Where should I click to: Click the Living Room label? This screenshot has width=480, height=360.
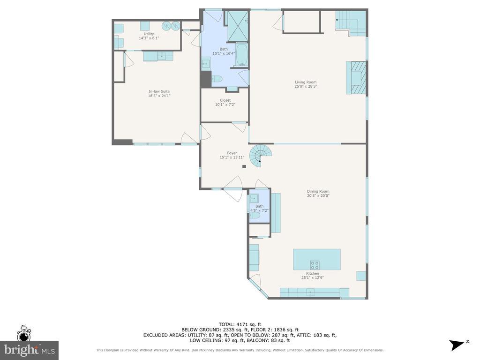[x=306, y=82]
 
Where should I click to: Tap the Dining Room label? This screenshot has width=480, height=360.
[x=318, y=191]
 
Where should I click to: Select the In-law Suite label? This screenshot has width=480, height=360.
[x=159, y=91]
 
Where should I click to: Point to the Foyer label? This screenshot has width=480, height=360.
[x=232, y=153]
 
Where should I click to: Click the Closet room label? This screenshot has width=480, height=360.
[x=225, y=100]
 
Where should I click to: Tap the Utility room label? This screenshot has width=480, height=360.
[x=149, y=34]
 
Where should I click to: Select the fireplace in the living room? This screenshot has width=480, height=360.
[x=356, y=78]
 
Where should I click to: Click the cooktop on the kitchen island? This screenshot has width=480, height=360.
[x=315, y=265]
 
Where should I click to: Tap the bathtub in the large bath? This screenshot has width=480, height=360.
[x=242, y=55]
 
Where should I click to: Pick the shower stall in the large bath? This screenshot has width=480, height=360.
[x=237, y=26]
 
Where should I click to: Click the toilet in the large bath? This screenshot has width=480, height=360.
[x=217, y=79]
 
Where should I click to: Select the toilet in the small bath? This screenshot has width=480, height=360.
[x=255, y=216]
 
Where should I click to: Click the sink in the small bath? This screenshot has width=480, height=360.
[x=254, y=199]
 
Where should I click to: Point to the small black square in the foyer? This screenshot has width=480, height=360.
[x=244, y=166]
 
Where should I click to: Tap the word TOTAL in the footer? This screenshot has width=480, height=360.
[x=227, y=324]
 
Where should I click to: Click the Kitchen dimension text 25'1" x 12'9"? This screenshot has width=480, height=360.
[x=313, y=277]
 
